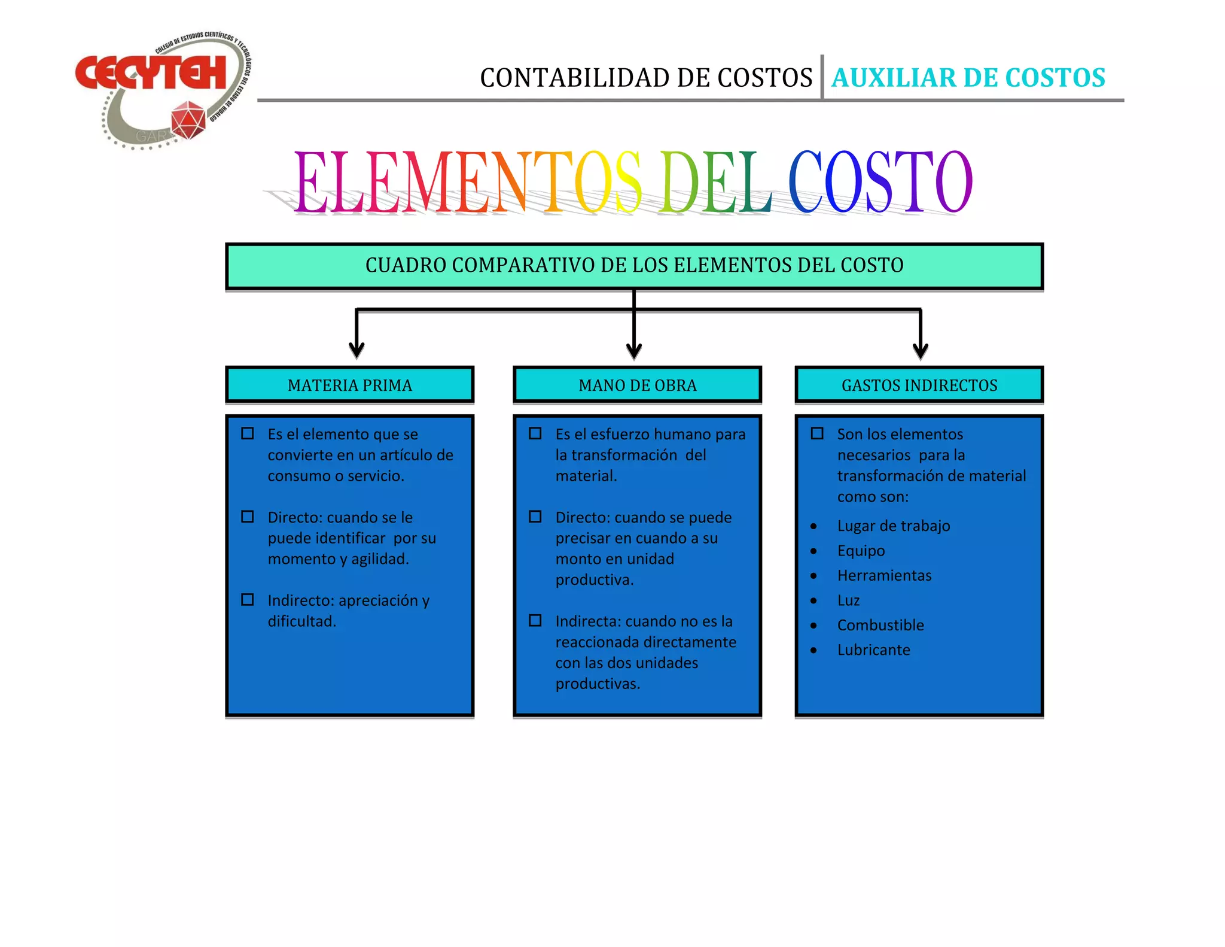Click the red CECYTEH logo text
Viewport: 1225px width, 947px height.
151,73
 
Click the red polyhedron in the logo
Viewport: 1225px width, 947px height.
188,119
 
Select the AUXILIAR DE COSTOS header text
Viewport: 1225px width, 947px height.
968,78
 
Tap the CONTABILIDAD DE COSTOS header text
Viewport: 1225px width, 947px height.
646,78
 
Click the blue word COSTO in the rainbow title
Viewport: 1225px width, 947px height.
879,182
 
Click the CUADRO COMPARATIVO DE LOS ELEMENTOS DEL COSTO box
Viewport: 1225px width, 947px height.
634,266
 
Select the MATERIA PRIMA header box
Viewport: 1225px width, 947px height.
350,385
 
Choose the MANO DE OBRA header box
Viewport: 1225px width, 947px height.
637,385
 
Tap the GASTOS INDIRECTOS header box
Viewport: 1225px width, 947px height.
919,385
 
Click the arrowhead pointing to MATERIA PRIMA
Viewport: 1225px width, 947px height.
356,350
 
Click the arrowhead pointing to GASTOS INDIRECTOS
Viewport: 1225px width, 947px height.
921,350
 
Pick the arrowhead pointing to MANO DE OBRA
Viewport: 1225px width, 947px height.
634,350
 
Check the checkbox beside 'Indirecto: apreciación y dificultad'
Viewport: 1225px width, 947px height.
248,600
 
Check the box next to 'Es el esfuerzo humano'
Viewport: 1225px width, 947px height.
535,433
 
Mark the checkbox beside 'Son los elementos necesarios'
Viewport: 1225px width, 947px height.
817,433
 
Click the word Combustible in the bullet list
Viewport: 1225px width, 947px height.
880,625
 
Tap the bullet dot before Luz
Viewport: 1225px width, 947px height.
813,600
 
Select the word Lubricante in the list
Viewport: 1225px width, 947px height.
873,650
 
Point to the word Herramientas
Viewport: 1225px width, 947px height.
884,575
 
